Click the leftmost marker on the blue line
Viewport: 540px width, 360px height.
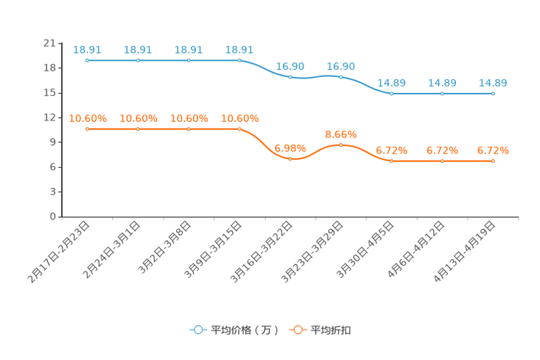(87, 60)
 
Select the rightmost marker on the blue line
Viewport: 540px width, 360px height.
(494, 94)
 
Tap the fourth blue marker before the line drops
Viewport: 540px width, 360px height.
(240, 60)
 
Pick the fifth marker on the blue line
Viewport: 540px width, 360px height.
(290, 75)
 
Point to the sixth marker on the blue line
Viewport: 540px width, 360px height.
(341, 75)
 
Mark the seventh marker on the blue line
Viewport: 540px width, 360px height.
(392, 94)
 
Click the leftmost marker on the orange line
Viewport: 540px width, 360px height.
(87, 128)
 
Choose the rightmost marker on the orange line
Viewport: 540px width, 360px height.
(494, 160)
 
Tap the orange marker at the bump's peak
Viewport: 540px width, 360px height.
(341, 145)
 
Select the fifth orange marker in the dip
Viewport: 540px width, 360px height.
(290, 158)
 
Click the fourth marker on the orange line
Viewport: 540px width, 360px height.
(240, 128)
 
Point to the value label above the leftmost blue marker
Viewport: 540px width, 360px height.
(87, 49)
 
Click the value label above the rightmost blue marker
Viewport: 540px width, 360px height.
(494, 83)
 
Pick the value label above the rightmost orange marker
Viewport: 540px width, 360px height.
(494, 150)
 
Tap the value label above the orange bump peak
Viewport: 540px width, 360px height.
(341, 134)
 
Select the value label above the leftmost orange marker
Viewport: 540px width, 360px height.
(87, 118)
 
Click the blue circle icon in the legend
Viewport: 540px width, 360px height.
(197, 330)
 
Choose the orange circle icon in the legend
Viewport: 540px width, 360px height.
(298, 330)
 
